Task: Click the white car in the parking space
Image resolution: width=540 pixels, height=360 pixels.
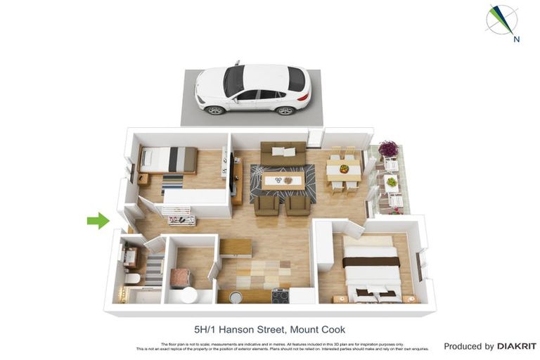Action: coord(252,89)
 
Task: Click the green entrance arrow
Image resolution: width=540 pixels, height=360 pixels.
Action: coord(98,221)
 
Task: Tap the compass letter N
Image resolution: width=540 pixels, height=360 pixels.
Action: coord(517,39)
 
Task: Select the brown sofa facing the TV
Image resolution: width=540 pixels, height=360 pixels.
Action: coord(283,154)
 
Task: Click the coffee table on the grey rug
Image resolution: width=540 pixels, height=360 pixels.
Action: coord(283,181)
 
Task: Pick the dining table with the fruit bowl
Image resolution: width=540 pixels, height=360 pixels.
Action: coord(344,170)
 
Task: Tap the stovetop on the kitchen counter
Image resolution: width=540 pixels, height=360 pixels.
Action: coord(280,295)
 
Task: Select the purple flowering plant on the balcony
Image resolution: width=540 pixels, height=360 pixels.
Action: coord(387,149)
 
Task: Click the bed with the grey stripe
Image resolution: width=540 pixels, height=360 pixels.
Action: coord(169,159)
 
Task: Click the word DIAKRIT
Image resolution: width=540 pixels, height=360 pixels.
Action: coord(517,346)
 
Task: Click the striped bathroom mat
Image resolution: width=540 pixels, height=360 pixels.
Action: coord(153,271)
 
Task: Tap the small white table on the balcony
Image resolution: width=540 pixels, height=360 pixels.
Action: coord(392,182)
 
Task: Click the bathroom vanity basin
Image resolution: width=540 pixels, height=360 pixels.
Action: coord(130,257)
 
